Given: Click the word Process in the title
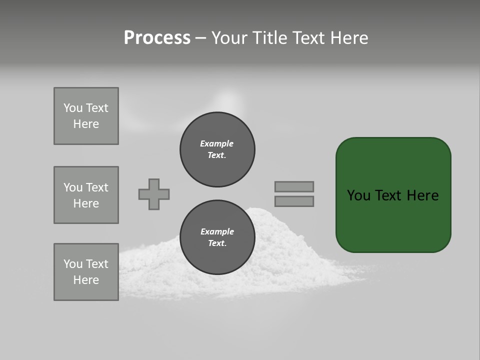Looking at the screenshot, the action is [157, 37].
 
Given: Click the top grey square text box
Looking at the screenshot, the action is [86, 116].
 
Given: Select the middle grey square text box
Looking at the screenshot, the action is [86, 195].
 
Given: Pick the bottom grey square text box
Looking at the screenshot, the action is [86, 272].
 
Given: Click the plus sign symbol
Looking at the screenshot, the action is [154, 194].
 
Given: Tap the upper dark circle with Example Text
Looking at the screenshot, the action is [217, 149].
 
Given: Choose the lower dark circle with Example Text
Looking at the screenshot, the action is [217, 237].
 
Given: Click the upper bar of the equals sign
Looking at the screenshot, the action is [294, 186].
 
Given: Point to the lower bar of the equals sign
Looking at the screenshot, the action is [294, 201].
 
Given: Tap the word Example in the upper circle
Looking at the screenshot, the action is [217, 143].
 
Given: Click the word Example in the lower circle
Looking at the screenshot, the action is [217, 231].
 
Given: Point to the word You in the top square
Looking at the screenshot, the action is [73, 108].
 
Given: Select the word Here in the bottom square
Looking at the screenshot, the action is [86, 280].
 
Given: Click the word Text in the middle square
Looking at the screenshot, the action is [97, 187].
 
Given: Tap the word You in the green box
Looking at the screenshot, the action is [358, 195].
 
